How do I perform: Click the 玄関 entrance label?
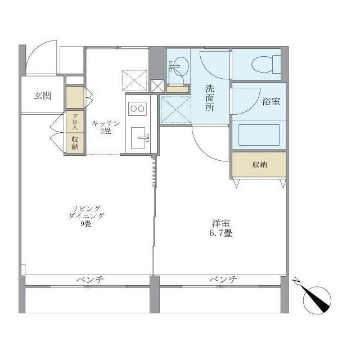click(43, 96)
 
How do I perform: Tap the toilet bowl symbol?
click(266, 65)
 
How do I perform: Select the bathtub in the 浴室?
click(259, 135)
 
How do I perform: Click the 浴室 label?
click(271, 101)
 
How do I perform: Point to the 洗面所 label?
click(210, 98)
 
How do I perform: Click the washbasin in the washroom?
click(179, 67)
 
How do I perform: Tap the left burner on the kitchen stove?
click(133, 109)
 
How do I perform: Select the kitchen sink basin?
click(138, 138)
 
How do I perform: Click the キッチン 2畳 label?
click(106, 127)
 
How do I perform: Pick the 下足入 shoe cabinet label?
click(75, 122)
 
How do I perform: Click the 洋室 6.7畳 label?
click(221, 228)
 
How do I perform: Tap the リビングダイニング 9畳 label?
click(86, 216)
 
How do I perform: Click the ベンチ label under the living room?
click(90, 280)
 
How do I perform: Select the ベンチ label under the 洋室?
click(223, 280)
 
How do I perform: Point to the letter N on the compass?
click(297, 282)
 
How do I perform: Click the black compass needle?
click(317, 300)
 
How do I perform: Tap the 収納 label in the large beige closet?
click(260, 164)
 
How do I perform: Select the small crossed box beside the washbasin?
click(158, 86)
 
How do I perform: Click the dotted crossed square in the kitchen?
click(134, 80)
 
